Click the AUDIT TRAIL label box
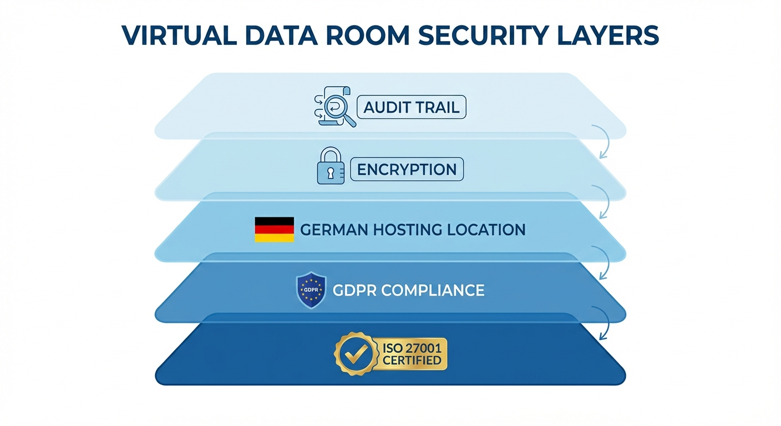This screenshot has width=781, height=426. tap(412, 107)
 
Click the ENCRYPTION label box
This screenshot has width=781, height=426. tap(407, 169)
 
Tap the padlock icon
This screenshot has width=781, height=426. tap(331, 166)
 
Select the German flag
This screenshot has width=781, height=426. tap(274, 230)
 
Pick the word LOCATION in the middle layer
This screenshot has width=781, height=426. tap(488, 230)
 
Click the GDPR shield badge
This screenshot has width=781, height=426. tap(311, 290)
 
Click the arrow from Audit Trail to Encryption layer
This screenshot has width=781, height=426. tap(602, 141)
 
